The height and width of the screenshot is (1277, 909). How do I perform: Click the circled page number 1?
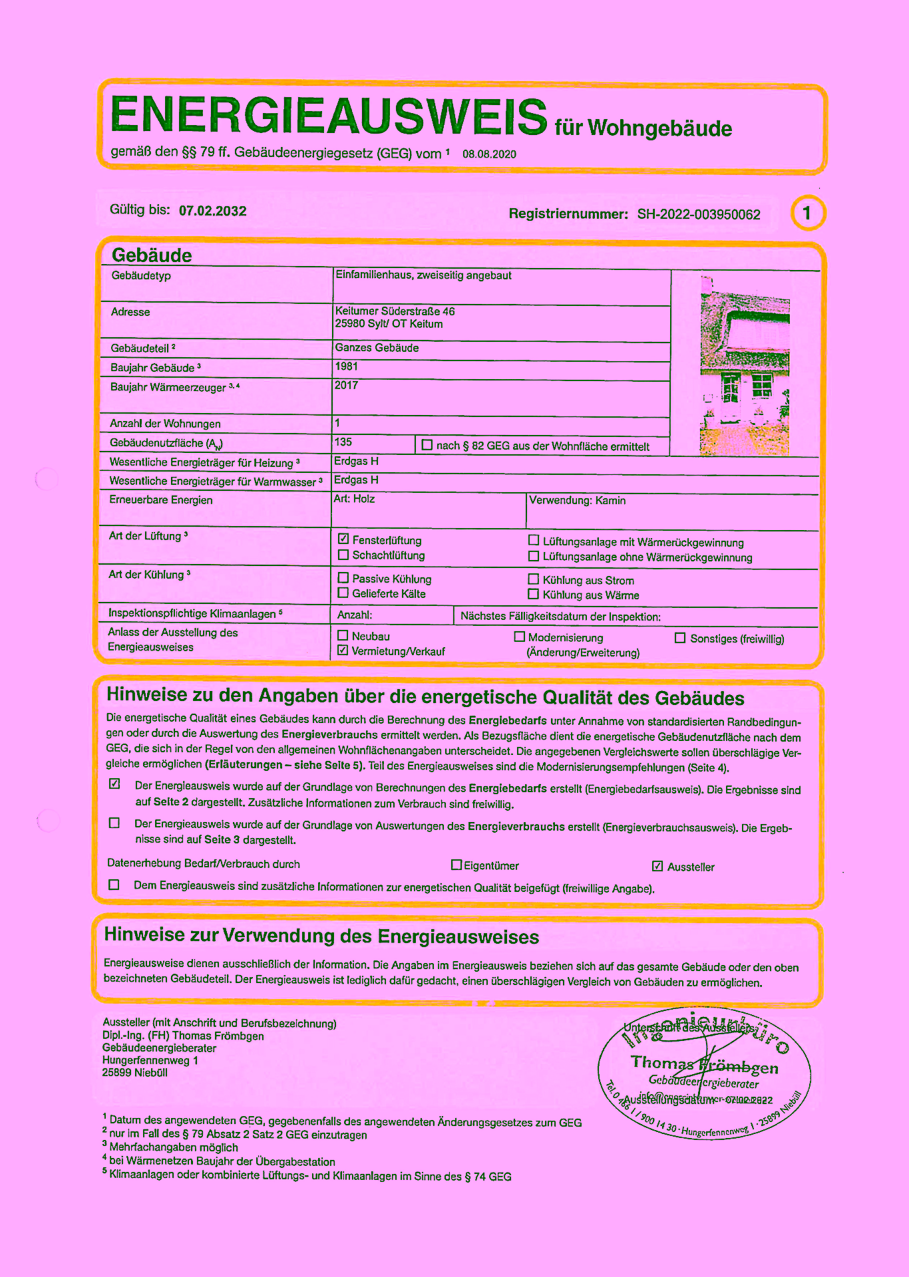(807, 213)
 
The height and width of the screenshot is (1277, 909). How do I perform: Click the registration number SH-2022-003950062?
(699, 214)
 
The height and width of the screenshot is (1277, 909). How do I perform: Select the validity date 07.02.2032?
(212, 211)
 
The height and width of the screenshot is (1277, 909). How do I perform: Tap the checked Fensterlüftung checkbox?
(343, 539)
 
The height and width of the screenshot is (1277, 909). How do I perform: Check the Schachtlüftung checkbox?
(343, 555)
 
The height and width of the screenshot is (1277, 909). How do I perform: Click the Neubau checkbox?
(343, 636)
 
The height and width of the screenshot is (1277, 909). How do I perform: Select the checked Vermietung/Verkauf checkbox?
(343, 650)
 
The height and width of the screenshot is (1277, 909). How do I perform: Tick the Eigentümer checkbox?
(456, 865)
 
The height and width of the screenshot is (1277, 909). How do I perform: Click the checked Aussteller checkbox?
(657, 866)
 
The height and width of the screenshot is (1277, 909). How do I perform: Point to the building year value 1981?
(347, 366)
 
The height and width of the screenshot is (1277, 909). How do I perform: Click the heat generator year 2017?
(346, 385)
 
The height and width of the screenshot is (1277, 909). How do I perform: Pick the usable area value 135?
(343, 442)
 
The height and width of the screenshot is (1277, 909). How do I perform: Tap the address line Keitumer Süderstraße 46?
(395, 311)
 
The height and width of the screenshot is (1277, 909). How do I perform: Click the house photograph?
(745, 366)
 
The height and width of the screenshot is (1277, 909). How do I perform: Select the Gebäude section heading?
(152, 255)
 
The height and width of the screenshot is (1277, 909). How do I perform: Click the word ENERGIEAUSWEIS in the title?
(329, 116)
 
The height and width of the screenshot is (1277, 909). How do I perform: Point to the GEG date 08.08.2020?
(489, 154)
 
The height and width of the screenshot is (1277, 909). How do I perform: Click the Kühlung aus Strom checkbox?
(533, 579)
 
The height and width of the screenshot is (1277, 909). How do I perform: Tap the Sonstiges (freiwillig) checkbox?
(680, 638)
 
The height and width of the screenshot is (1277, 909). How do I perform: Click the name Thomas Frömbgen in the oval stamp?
(704, 1064)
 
